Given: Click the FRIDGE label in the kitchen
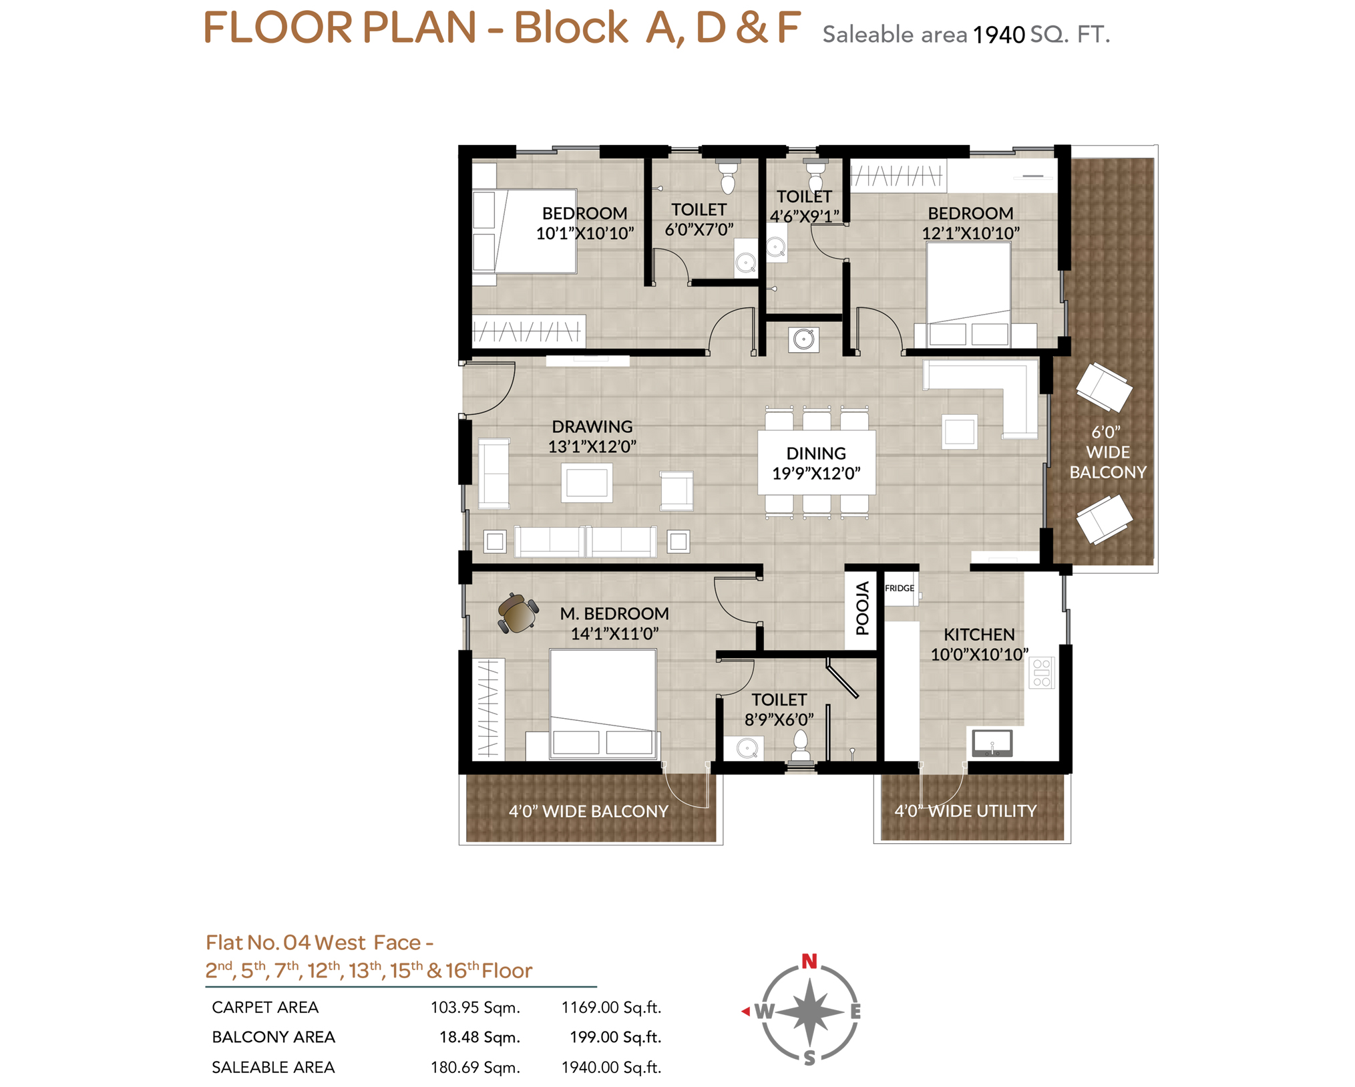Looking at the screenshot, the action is pyautogui.click(x=899, y=588).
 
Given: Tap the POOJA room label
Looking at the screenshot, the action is pyautogui.click(x=862, y=608).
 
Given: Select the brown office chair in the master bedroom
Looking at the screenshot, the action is pyautogui.click(x=518, y=613).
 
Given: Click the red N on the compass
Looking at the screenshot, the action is pyautogui.click(x=809, y=961).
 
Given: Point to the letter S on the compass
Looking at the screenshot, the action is pyautogui.click(x=809, y=1058).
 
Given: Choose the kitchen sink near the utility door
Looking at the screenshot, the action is pyautogui.click(x=992, y=742).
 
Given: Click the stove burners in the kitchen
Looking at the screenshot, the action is pyautogui.click(x=1041, y=673).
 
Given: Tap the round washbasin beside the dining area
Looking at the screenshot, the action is pyautogui.click(x=803, y=339).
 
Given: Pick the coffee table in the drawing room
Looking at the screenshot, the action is pyautogui.click(x=586, y=482).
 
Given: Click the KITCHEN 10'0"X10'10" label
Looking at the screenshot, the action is pyautogui.click(x=979, y=644).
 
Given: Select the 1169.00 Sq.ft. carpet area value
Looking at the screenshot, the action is pyautogui.click(x=611, y=1007).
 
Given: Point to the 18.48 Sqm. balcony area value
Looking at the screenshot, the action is pyautogui.click(x=479, y=1037).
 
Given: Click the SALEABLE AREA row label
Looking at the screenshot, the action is pyautogui.click(x=273, y=1067).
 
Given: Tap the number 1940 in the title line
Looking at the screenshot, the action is pyautogui.click(x=998, y=35).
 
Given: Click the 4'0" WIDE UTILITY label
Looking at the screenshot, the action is pyautogui.click(x=965, y=811).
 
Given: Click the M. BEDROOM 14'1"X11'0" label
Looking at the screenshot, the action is pyautogui.click(x=614, y=623).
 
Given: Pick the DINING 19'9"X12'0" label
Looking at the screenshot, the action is pyautogui.click(x=816, y=463).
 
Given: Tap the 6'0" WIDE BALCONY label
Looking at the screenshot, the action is pyautogui.click(x=1108, y=452).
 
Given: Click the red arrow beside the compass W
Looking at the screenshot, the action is pyautogui.click(x=745, y=1012).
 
